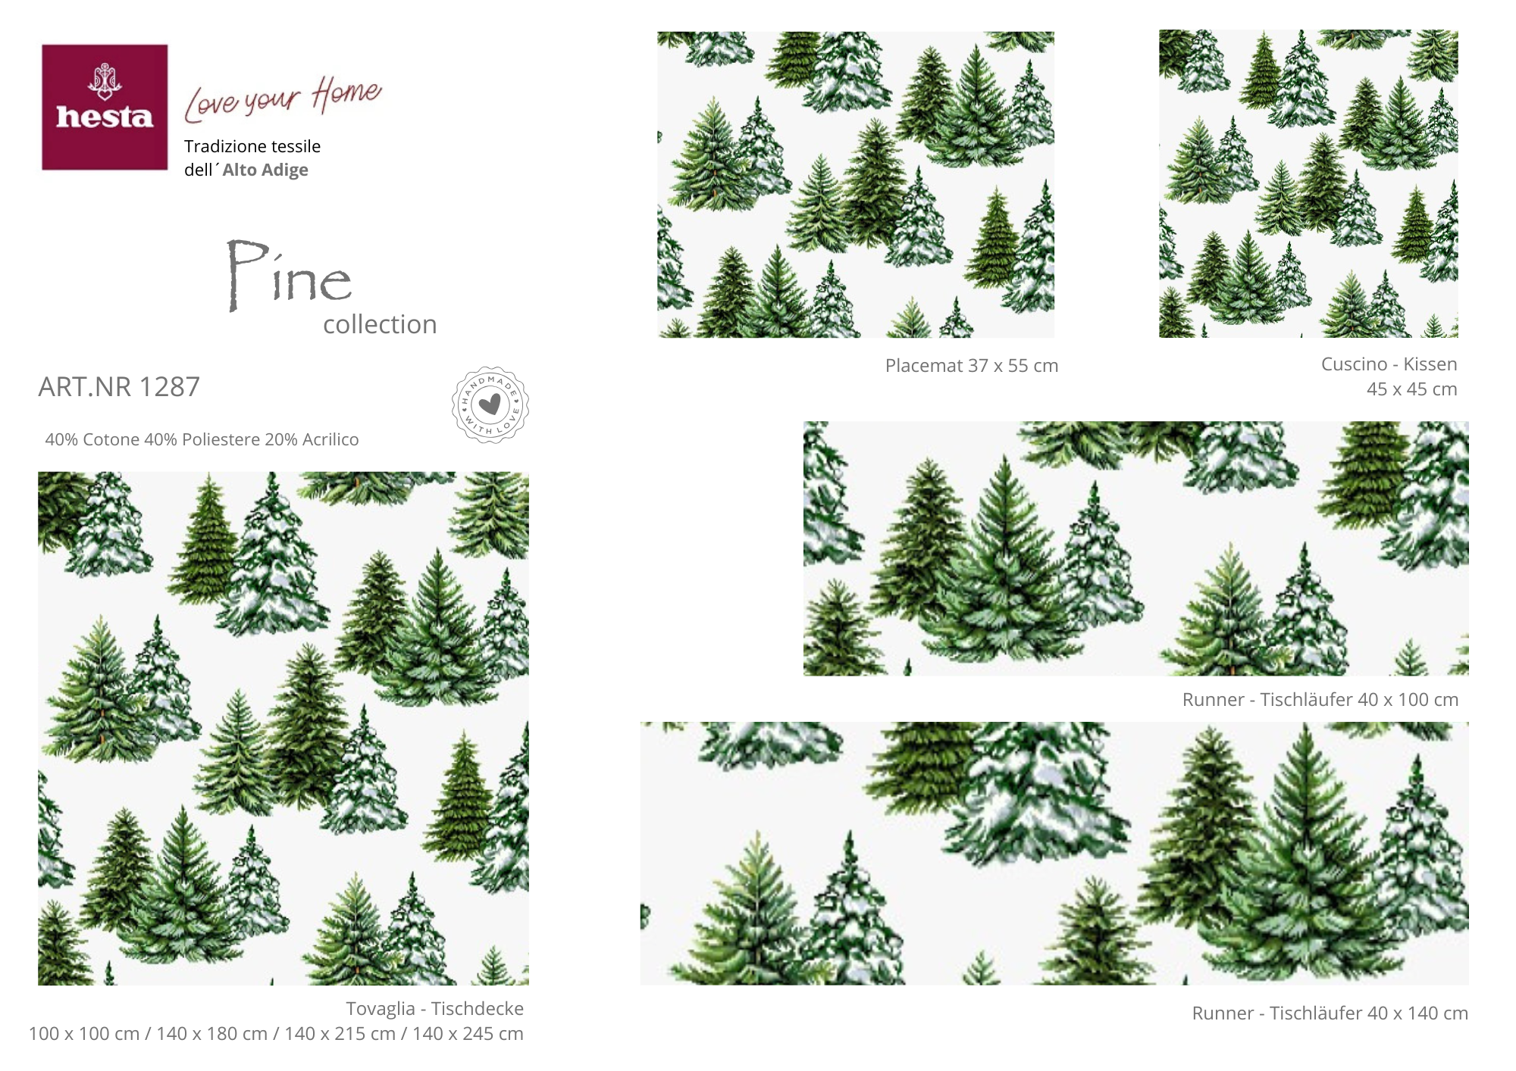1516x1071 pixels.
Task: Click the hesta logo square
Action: pos(105,107)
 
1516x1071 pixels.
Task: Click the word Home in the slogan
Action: pos(347,93)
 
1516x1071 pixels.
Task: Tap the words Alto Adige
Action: pos(265,170)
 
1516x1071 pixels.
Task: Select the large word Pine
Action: pos(290,275)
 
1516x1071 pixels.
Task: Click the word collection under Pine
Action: pos(380,324)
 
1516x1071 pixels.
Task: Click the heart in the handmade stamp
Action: pos(490,404)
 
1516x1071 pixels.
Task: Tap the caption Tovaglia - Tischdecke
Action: pos(435,1009)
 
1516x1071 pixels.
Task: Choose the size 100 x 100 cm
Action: pos(84,1034)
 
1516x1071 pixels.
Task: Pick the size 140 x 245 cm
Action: pos(468,1034)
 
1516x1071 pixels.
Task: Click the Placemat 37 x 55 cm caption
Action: pos(972,366)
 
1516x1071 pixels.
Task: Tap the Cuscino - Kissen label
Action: pos(1389,364)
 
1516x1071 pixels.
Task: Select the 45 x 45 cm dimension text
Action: pos(1411,389)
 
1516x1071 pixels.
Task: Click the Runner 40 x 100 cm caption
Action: pos(1320,700)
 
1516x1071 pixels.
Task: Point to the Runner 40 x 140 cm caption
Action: pos(1330,1013)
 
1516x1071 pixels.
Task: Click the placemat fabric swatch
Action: pos(856,184)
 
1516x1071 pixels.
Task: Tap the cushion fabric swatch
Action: pos(1308,183)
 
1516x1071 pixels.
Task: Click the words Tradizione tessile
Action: pos(252,146)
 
